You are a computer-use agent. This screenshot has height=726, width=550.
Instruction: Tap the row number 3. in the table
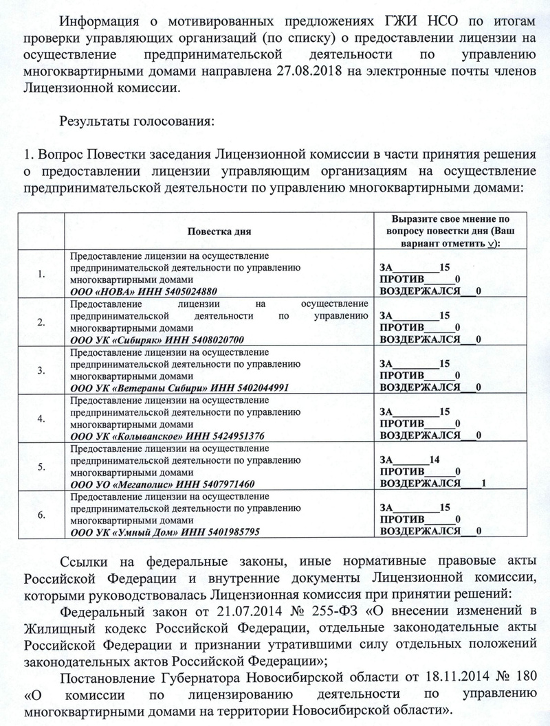[x=41, y=370]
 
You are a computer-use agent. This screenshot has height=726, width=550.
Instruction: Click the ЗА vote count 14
[x=433, y=460]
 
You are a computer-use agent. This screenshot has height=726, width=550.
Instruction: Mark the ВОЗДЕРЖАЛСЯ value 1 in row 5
[x=485, y=483]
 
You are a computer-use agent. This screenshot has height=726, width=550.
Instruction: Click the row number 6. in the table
[x=41, y=514]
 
